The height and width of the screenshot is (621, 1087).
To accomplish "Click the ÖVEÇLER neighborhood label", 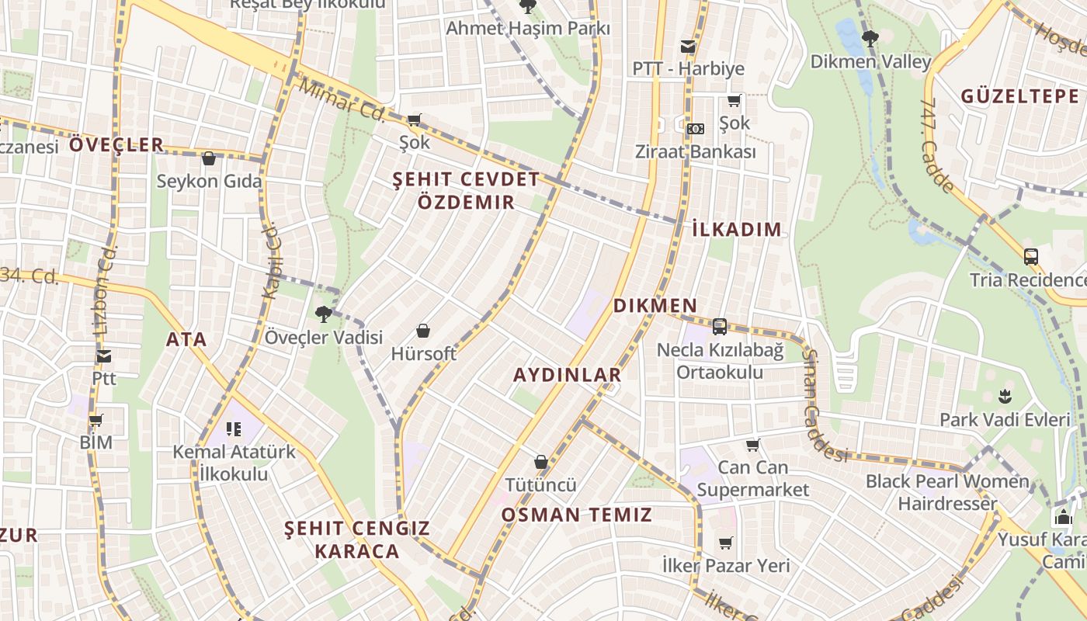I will click(x=116, y=144).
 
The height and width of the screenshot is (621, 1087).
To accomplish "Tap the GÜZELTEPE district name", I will click(x=1019, y=96).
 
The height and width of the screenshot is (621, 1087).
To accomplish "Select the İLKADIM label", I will click(x=736, y=229).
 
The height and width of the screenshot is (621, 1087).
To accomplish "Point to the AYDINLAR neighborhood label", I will click(x=568, y=375).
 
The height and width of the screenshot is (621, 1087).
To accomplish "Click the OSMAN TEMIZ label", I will click(x=576, y=515).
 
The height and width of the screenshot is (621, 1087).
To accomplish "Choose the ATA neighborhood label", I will click(x=186, y=339).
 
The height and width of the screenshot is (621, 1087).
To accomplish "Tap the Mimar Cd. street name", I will click(x=342, y=100).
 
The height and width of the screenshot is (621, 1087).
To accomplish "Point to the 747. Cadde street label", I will click(x=936, y=145).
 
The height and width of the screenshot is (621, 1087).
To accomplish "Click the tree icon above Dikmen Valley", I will click(x=870, y=36).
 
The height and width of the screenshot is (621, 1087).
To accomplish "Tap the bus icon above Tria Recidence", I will click(x=1031, y=256).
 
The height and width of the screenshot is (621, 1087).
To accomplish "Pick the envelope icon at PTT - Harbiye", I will click(x=687, y=46).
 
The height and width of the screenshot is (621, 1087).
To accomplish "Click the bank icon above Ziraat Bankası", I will click(x=696, y=128).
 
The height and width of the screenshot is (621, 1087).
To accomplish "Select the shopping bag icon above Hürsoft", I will click(x=423, y=331).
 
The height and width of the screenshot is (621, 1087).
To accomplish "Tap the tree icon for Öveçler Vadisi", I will click(x=324, y=314).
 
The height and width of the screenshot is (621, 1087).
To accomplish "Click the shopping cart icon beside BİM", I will click(x=96, y=420).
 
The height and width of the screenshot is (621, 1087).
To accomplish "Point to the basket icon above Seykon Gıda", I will click(x=208, y=159).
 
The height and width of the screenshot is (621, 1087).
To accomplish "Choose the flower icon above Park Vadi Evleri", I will click(x=1005, y=397).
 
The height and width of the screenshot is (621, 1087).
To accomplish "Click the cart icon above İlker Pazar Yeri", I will click(x=725, y=543).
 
